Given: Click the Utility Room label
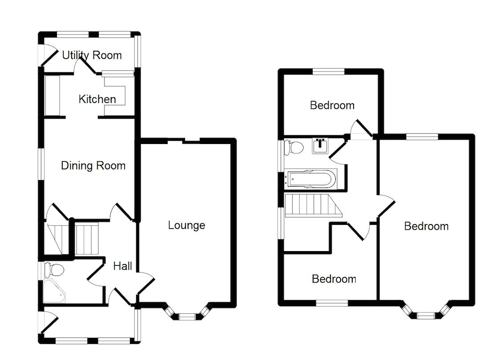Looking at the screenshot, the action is coord(92,55).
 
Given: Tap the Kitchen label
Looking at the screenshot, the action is coord(97,99).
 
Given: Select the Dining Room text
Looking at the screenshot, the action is coord(93,166).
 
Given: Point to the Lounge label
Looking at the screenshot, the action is coord(186,225).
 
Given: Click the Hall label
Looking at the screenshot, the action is coord(122,266).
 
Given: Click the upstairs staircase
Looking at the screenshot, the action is coord(311,204).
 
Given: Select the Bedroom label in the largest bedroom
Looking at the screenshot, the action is coord(426,226).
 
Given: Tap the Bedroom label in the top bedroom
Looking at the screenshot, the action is coord(332,105).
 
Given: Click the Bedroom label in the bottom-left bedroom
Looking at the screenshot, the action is coord(334,279).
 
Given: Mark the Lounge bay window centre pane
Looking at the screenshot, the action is coord(187,316).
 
